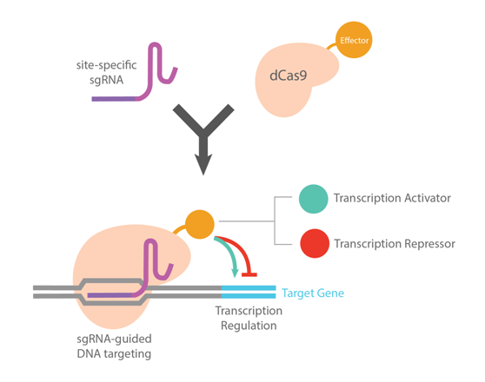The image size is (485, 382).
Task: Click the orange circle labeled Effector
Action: (x=354, y=40)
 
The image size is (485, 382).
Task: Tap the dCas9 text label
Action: (x=289, y=76)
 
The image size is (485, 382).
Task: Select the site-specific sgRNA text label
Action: (x=106, y=72)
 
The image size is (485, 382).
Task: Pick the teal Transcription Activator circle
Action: (x=313, y=199)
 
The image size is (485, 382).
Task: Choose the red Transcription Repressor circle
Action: (x=315, y=244)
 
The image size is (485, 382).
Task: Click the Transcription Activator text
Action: (x=392, y=198)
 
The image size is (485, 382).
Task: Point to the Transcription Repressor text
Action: (x=395, y=244)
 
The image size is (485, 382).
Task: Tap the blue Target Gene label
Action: (x=313, y=293)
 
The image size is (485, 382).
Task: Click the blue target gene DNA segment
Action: (x=249, y=292)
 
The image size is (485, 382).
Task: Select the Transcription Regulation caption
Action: (x=249, y=318)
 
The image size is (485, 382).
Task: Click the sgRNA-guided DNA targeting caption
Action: (x=114, y=346)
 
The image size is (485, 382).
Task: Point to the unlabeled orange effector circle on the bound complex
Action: (x=200, y=224)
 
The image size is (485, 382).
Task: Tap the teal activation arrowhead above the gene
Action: (x=235, y=273)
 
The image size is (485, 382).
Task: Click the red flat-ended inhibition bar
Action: (x=249, y=274)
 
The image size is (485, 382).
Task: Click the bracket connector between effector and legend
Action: (x=275, y=221)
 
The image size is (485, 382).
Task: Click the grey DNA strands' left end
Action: (x=34, y=292)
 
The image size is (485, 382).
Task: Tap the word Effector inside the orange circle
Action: (x=354, y=41)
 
